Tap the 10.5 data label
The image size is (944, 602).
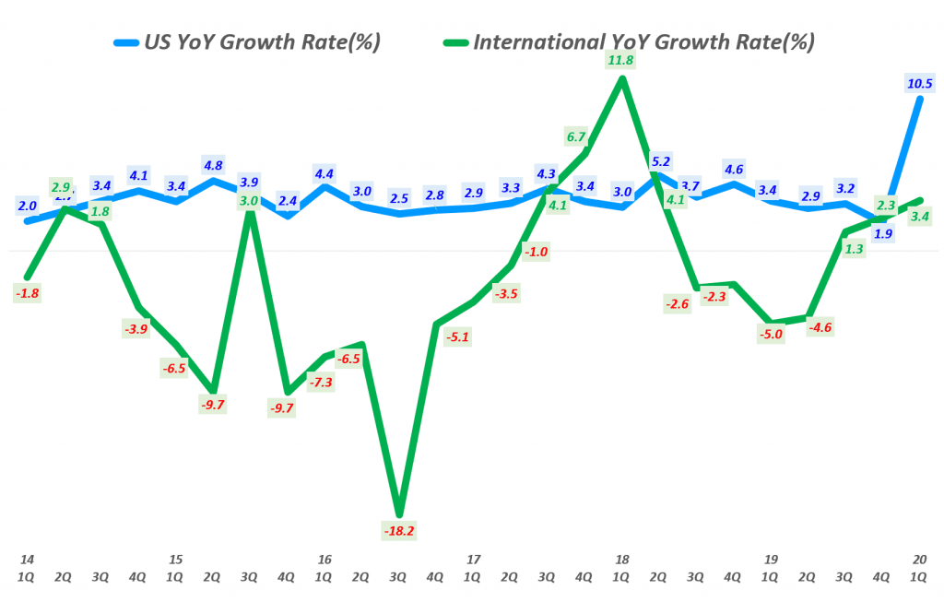pos(920,83)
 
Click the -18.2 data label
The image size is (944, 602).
pos(398,531)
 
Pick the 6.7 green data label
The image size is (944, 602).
pos(576,137)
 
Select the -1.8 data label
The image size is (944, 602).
pos(27,293)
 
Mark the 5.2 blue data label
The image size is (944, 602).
pos(660,160)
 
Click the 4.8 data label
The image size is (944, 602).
pos(213,166)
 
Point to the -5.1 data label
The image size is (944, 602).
pos(458,337)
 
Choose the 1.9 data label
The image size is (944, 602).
pos(882,233)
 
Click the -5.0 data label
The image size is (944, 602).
pos(771,335)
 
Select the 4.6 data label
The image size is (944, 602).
pos(734,169)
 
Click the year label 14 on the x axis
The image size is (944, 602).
pos(27,559)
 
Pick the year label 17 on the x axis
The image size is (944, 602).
pos(473,559)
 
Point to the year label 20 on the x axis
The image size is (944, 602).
pos(919,559)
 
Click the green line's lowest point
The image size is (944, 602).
pos(398,514)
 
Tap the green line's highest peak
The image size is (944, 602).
pos(622,78)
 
